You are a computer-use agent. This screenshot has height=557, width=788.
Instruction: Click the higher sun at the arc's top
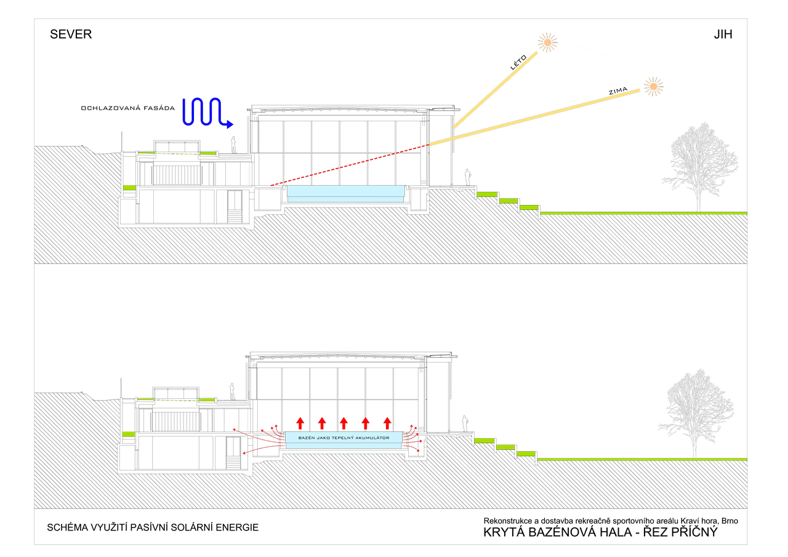[547, 42]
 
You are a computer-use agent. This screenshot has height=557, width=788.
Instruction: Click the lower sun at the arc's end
[653, 86]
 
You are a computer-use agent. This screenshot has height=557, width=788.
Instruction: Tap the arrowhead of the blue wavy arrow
[230, 124]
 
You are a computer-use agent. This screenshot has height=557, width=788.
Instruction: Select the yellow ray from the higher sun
[496, 90]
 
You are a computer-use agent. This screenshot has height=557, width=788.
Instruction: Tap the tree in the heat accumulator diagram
[696, 412]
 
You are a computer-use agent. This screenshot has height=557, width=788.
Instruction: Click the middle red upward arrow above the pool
[344, 423]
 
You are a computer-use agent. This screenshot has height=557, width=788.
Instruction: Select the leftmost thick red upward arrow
[300, 423]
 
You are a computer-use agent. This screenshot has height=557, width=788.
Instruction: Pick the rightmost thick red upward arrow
[387, 423]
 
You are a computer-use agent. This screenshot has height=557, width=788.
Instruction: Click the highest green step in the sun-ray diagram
[486, 194]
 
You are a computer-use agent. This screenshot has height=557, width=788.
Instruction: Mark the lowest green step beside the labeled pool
[526, 454]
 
